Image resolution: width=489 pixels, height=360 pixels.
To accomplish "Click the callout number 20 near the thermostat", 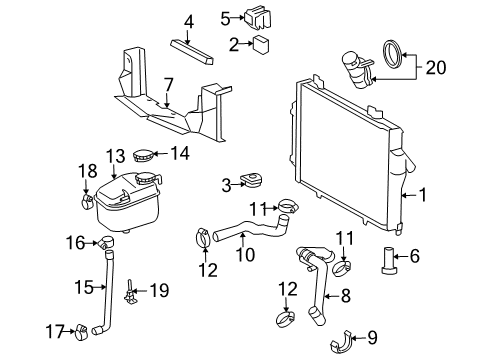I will point(434,68).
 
